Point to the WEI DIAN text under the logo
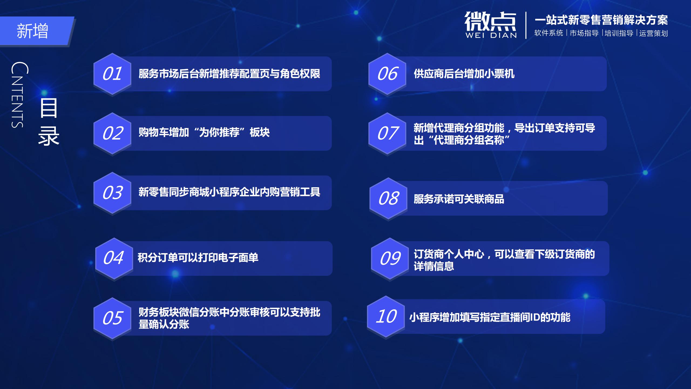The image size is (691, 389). [491, 35]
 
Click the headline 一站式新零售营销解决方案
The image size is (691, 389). [601, 20]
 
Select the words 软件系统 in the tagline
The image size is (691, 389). [548, 33]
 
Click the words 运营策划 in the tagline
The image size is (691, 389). [653, 33]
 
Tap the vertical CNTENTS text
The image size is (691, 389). [19, 95]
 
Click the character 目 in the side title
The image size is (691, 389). [49, 108]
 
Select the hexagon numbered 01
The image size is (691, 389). [112, 74]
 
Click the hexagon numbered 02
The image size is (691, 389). [112, 133]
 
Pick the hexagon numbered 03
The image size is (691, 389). [112, 193]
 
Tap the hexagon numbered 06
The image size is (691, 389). [387, 74]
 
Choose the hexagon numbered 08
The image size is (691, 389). [388, 199]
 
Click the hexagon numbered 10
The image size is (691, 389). [386, 317]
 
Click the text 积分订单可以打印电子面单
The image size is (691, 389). [198, 257]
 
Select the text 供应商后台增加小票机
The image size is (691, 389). [464, 74]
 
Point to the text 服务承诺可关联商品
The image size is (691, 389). [459, 199]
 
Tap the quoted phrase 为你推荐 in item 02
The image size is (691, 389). [219, 132]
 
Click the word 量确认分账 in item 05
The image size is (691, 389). [164, 324]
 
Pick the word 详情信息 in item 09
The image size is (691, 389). [434, 266]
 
